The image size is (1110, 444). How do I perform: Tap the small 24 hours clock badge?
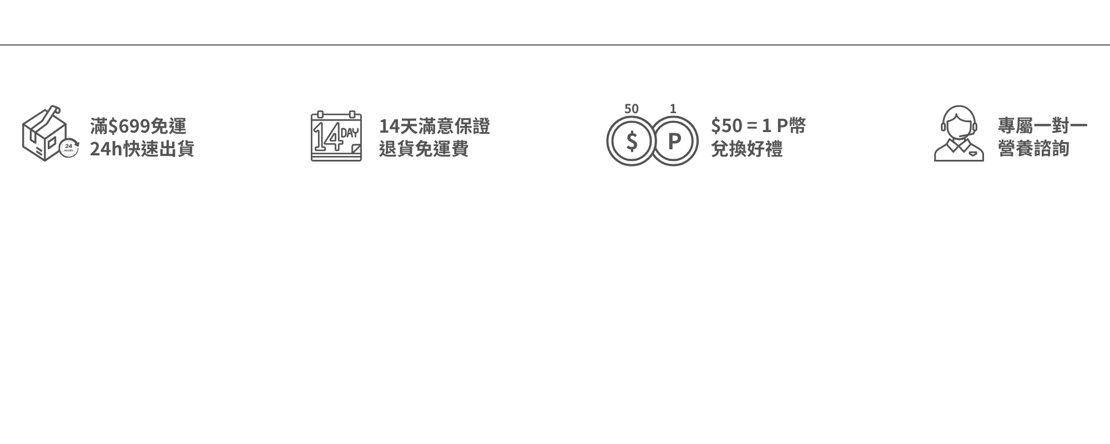pos(69,147)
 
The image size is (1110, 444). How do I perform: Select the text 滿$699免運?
pos(138,127)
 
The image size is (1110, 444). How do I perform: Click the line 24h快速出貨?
pos(142,149)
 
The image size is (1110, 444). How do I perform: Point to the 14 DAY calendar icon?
pos(336,137)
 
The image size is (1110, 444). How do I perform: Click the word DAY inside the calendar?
pos(350,133)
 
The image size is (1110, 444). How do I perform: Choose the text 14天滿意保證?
pos(435,127)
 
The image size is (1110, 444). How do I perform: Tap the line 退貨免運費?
pos(423,149)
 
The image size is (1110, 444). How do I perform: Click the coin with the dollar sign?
pos(631,141)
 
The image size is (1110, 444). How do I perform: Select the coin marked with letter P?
pos(674,141)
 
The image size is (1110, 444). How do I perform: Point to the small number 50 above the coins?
pos(631,109)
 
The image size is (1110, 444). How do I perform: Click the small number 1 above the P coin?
pos(673,109)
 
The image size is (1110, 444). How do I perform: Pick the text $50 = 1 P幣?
pos(758,127)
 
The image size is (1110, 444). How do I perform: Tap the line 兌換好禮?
pos(746,149)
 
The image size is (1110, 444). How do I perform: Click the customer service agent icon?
pos(958,134)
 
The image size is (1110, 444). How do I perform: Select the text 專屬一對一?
pos(1042,127)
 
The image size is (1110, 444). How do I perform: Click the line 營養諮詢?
pos(1033,149)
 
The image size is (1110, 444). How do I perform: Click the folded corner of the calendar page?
pos(355,148)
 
